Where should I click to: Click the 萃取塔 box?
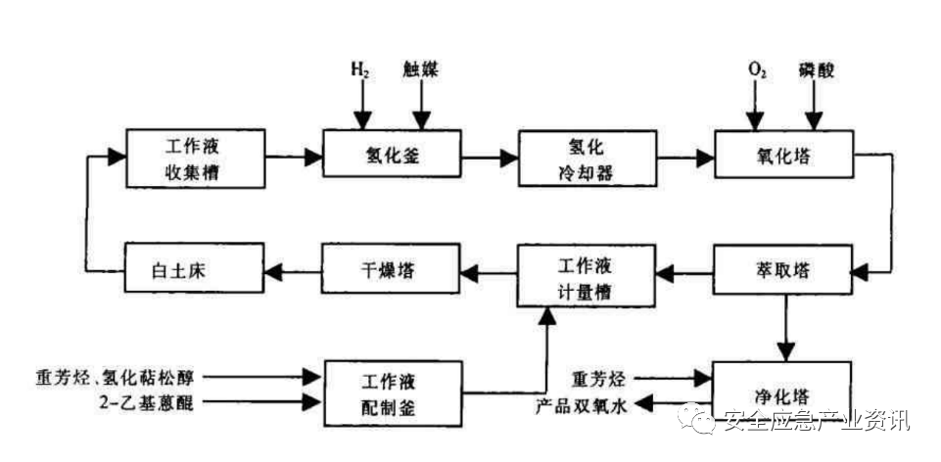779,271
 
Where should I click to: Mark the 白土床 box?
194,271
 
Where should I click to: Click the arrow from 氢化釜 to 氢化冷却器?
489,155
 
